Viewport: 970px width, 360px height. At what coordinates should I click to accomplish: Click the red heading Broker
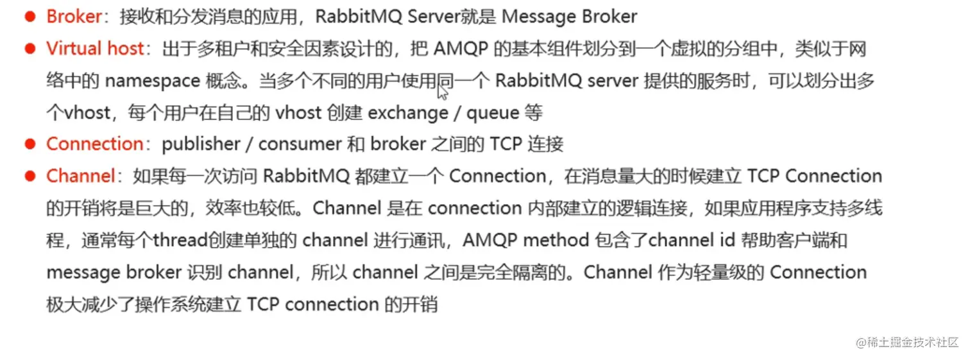(x=74, y=16)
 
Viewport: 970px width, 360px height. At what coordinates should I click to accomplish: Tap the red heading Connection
(x=94, y=144)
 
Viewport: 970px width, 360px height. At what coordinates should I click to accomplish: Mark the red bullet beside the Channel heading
(x=30, y=176)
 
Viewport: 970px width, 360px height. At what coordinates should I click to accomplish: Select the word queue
(x=492, y=113)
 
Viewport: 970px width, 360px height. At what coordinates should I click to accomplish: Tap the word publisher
(x=200, y=144)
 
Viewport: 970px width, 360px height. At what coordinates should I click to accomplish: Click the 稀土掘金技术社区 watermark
(x=906, y=342)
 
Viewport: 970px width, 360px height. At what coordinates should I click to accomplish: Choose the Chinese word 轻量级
(x=720, y=272)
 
